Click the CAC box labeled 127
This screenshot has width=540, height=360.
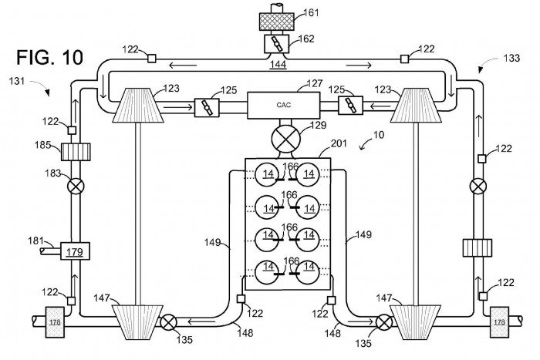(x=284, y=106)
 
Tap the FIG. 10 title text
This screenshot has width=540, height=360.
(x=50, y=57)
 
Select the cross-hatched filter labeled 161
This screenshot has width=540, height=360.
(x=276, y=22)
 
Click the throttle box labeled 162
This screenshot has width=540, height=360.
(x=276, y=44)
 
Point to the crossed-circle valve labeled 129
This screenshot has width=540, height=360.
(x=286, y=140)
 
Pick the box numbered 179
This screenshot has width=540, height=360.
(x=75, y=251)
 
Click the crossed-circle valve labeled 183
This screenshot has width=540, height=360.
(x=76, y=187)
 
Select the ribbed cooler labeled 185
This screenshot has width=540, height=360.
(x=76, y=152)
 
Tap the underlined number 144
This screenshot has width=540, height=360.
(x=278, y=64)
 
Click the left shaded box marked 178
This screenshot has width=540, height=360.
(x=55, y=321)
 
